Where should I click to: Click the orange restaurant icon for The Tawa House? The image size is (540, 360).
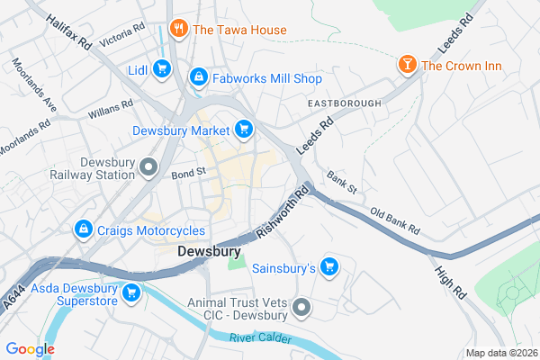[178, 30]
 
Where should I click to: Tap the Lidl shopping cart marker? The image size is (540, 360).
[162, 68]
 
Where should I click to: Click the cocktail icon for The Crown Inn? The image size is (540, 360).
[408, 65]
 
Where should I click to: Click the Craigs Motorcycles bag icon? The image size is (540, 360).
[84, 230]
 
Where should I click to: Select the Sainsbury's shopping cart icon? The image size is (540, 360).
[329, 267]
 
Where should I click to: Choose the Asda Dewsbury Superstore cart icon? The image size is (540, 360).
[131, 292]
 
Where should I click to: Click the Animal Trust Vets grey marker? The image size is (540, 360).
[301, 309]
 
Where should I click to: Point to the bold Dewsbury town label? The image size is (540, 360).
[208, 252]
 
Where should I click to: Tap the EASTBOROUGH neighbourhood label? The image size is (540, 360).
[344, 104]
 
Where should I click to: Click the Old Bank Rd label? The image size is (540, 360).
[395, 221]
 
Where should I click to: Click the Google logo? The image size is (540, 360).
[31, 349]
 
